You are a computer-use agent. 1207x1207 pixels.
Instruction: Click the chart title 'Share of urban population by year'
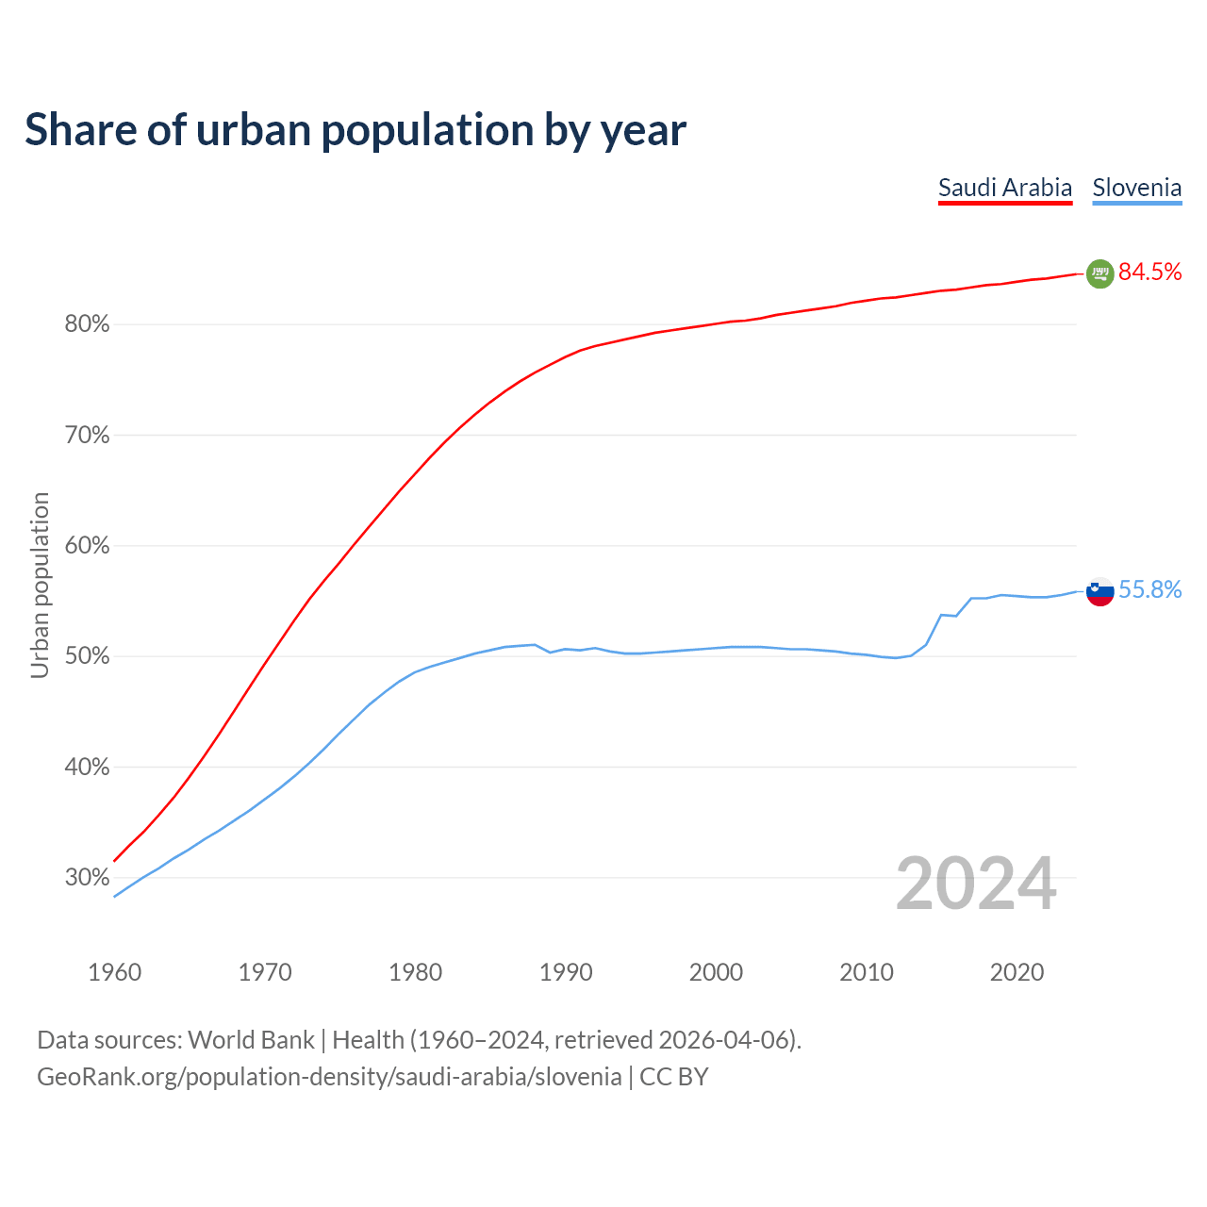(x=355, y=130)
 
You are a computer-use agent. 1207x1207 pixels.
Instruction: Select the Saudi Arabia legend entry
(x=1005, y=188)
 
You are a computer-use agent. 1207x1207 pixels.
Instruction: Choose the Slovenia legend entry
(x=1136, y=188)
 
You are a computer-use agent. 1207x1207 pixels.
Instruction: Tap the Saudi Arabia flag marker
(x=1100, y=273)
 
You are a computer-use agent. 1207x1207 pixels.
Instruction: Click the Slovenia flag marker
(x=1100, y=591)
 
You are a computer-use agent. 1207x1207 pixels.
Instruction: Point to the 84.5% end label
(x=1149, y=273)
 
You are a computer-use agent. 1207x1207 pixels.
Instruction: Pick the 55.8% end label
(x=1149, y=590)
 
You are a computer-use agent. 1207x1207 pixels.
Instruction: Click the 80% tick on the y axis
(x=87, y=324)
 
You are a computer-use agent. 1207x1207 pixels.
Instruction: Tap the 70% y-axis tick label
(x=87, y=436)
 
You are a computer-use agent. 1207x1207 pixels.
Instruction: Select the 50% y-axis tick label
(x=87, y=656)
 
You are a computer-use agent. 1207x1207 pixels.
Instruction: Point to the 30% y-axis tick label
(x=87, y=878)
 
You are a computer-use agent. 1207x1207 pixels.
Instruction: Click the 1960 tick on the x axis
(x=115, y=972)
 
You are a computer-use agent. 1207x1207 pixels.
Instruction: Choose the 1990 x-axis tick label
(x=566, y=972)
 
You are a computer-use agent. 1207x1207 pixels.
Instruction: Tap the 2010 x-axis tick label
(x=867, y=972)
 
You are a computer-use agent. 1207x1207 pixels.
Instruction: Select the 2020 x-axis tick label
(x=1017, y=972)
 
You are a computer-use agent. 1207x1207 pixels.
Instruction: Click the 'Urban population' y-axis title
(x=40, y=585)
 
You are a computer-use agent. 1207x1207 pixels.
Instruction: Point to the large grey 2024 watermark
(x=976, y=885)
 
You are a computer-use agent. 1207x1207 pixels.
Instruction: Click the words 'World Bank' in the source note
(x=251, y=1040)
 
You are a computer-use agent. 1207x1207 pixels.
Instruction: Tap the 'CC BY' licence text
(x=673, y=1077)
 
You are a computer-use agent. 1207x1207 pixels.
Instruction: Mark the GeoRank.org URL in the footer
(x=329, y=1077)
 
